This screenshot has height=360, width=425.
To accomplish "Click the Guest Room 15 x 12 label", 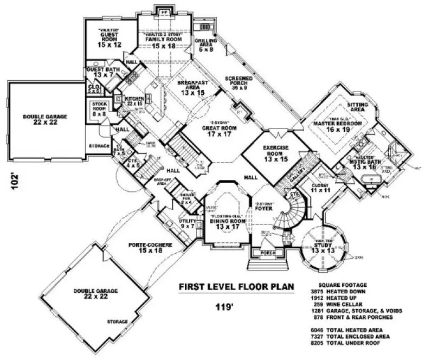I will click(108, 38).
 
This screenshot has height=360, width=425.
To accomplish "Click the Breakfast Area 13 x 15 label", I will click(190, 87).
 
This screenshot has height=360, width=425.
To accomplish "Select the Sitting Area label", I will click(357, 107).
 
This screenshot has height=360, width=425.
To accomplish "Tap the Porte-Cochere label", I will click(151, 248).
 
